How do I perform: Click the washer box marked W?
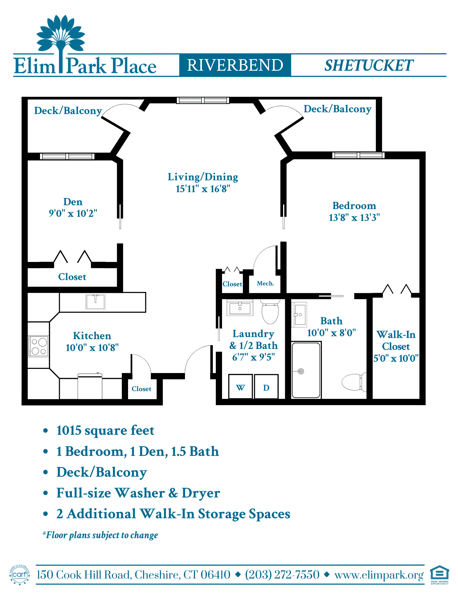(x=240, y=387)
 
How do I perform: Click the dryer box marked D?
(x=266, y=387)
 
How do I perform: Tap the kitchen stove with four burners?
(x=38, y=346)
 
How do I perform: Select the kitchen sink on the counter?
(x=95, y=302)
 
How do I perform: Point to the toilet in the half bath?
(x=270, y=312)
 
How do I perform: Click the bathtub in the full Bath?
(x=306, y=370)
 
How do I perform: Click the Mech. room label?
(x=265, y=283)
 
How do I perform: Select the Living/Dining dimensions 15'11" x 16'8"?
(x=203, y=189)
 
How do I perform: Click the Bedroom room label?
(x=354, y=206)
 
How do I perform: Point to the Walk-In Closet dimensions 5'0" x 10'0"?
(x=396, y=358)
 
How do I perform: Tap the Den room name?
(x=73, y=202)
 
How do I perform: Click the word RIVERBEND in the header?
(x=235, y=65)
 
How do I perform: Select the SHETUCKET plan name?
(x=369, y=65)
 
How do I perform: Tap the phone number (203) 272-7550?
(x=282, y=575)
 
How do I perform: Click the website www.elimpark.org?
(x=379, y=575)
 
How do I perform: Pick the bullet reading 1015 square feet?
(x=105, y=430)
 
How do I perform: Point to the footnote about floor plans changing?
(x=100, y=535)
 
